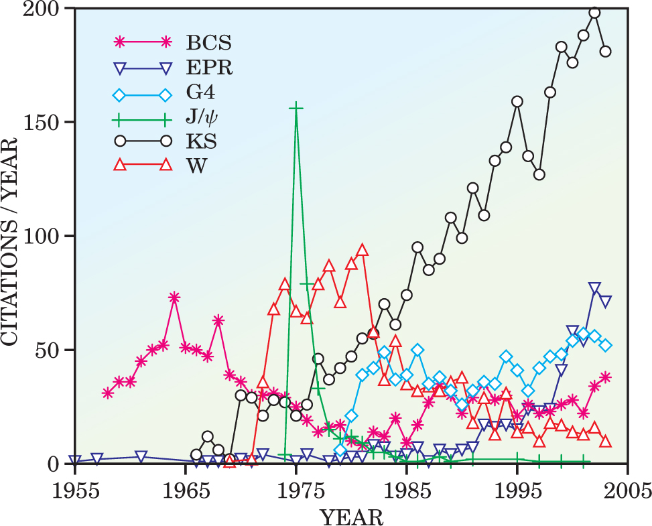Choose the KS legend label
coord(200,141)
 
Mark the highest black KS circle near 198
coord(594,13)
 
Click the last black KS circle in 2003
coord(605,51)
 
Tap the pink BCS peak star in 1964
coord(174,298)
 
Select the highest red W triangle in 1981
coord(363,250)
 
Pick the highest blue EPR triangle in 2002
coord(594,288)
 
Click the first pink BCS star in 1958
coord(108,393)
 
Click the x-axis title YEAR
coord(351,516)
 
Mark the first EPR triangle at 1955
coord(75,462)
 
